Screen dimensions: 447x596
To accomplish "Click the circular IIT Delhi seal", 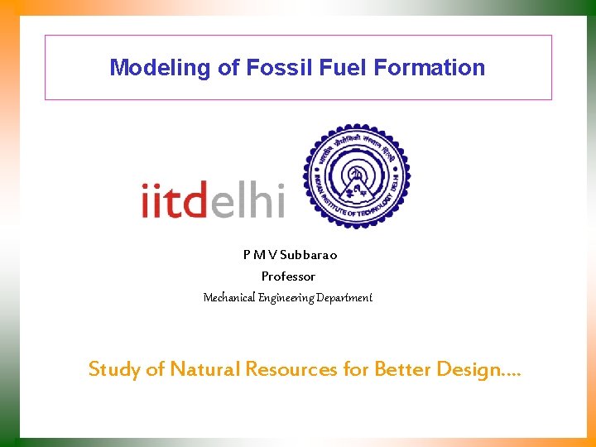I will (x=356, y=176).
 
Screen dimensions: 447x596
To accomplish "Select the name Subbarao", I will (x=308, y=255).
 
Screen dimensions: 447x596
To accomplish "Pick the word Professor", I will (x=288, y=276).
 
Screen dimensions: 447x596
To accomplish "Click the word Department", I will (x=346, y=297).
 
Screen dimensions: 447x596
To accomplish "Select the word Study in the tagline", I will (x=114, y=369).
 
